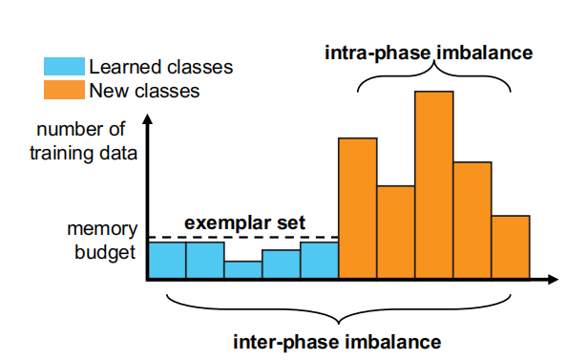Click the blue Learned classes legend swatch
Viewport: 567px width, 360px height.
click(x=63, y=67)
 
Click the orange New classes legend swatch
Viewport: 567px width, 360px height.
click(x=63, y=91)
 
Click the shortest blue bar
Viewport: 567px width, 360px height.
click(x=243, y=270)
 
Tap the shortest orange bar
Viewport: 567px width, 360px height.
click(x=510, y=247)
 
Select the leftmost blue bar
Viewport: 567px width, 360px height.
click(x=167, y=261)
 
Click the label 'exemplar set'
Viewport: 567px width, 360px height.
click(x=244, y=222)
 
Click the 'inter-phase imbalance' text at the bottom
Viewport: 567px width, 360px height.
click(x=338, y=341)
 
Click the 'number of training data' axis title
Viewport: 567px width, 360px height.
click(x=90, y=140)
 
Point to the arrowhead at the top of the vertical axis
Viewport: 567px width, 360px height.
click(x=148, y=121)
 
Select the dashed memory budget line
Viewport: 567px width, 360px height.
click(x=243, y=237)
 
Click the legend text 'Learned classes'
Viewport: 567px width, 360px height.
click(x=160, y=67)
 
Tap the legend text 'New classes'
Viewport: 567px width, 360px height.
click(x=144, y=91)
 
